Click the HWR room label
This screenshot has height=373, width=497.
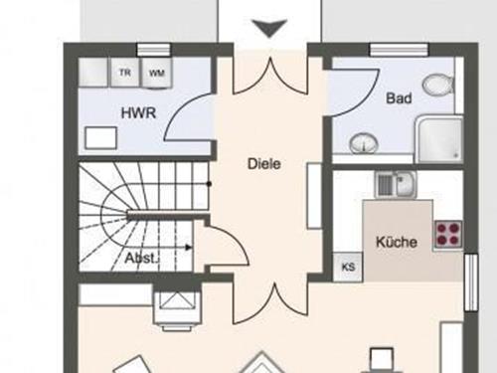138,113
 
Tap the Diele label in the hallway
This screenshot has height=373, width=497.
264,164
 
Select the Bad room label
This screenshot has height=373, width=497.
399,98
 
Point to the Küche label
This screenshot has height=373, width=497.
397,242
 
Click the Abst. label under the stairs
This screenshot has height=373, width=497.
141,258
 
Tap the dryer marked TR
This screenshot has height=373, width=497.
125,73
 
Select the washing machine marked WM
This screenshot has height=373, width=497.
156,74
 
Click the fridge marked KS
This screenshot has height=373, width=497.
348,267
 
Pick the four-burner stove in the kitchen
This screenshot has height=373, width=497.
448,234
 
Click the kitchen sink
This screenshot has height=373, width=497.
397,184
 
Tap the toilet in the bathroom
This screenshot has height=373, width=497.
438,84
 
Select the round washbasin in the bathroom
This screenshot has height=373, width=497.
364,143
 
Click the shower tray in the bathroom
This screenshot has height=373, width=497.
439,140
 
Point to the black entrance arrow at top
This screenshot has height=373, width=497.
269,28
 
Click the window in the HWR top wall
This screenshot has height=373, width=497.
154,50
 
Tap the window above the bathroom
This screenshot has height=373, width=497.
399,50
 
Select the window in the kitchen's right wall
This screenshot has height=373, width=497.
470,282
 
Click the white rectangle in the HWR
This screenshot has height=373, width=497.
100,137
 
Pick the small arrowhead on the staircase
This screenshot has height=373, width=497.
189,248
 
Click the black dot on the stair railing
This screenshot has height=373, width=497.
209,184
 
